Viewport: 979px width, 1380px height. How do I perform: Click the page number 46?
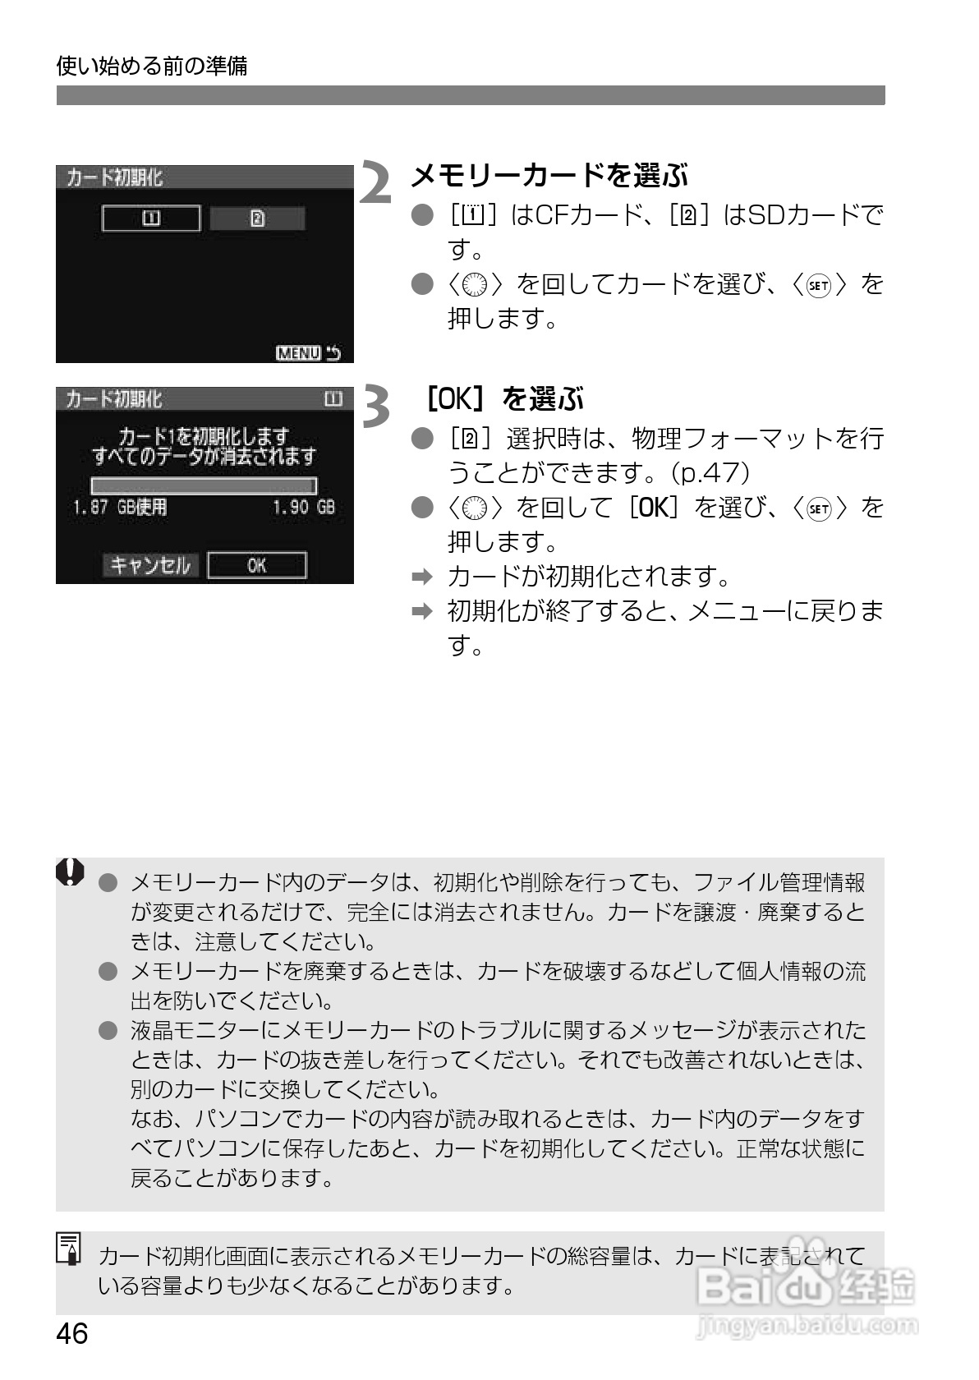point(72,1333)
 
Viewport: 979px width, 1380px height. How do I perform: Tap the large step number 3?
point(376,406)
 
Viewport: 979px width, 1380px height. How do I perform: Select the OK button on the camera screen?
point(257,565)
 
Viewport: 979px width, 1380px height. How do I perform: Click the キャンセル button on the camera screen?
point(150,565)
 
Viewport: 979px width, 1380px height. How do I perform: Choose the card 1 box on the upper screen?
point(151,218)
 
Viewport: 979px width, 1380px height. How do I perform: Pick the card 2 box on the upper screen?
point(257,218)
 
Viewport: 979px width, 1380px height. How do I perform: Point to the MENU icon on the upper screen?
point(298,353)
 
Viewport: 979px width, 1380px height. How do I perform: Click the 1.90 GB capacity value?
point(304,508)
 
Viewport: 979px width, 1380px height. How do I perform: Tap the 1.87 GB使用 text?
point(120,508)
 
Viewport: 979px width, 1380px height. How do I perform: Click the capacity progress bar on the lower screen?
point(204,485)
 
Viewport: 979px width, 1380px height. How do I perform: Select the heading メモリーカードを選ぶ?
point(549,175)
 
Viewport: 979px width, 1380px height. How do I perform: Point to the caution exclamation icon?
point(70,872)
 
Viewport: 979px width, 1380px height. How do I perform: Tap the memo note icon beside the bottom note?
point(70,1248)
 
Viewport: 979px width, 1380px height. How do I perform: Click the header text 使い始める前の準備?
point(152,66)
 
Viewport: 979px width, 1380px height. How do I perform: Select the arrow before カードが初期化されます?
point(421,577)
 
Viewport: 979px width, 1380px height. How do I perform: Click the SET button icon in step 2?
point(819,285)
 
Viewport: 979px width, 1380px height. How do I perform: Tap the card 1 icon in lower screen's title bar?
point(333,400)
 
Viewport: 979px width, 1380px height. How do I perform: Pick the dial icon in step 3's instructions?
point(476,508)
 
